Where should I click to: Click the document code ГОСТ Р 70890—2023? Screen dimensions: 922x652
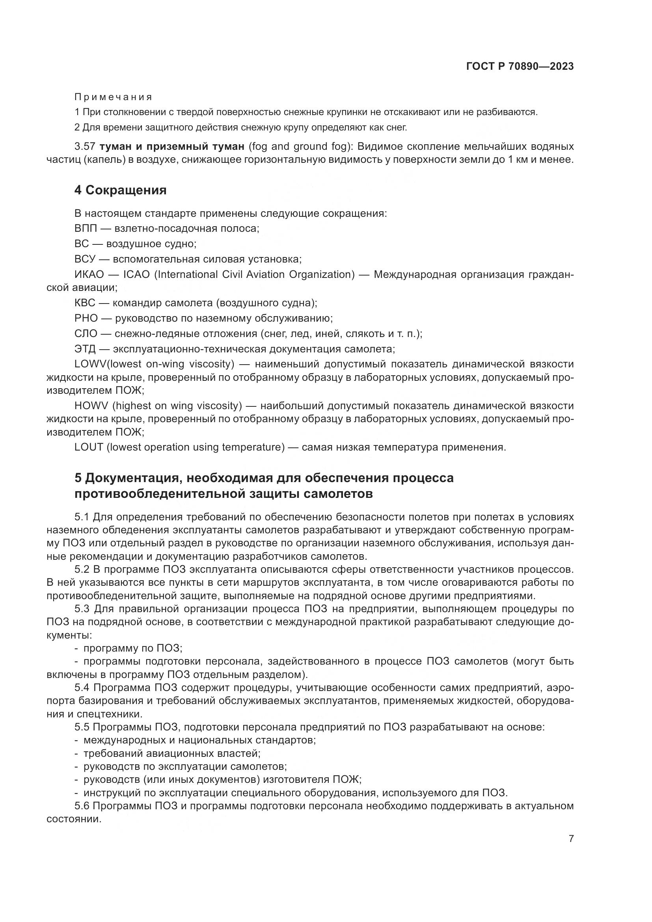520,66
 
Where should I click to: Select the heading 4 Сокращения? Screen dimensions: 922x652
121,190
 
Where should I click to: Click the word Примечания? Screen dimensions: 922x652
113,97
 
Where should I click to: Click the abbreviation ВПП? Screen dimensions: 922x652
86,229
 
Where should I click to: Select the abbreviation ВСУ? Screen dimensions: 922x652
85,259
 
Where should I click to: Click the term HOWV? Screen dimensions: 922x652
91,406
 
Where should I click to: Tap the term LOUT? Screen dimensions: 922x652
89,447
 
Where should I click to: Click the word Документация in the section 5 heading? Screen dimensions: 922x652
132,478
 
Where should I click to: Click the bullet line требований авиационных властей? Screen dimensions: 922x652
172,754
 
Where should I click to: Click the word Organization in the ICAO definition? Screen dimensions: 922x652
322,274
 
